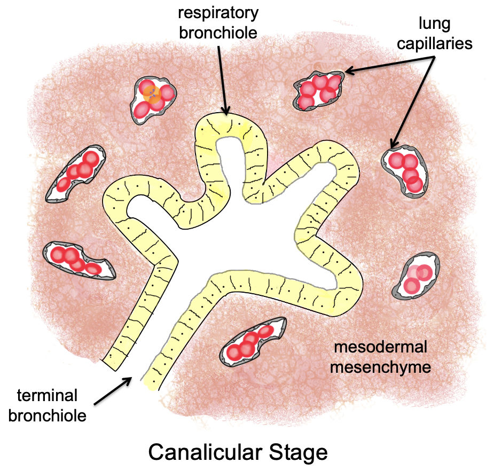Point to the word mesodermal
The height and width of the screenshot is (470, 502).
pos(380,347)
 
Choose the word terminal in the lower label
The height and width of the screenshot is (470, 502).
pos(48,395)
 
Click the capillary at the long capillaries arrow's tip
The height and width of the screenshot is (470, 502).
pos(405,170)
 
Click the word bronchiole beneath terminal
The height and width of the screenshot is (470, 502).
pos(48,414)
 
